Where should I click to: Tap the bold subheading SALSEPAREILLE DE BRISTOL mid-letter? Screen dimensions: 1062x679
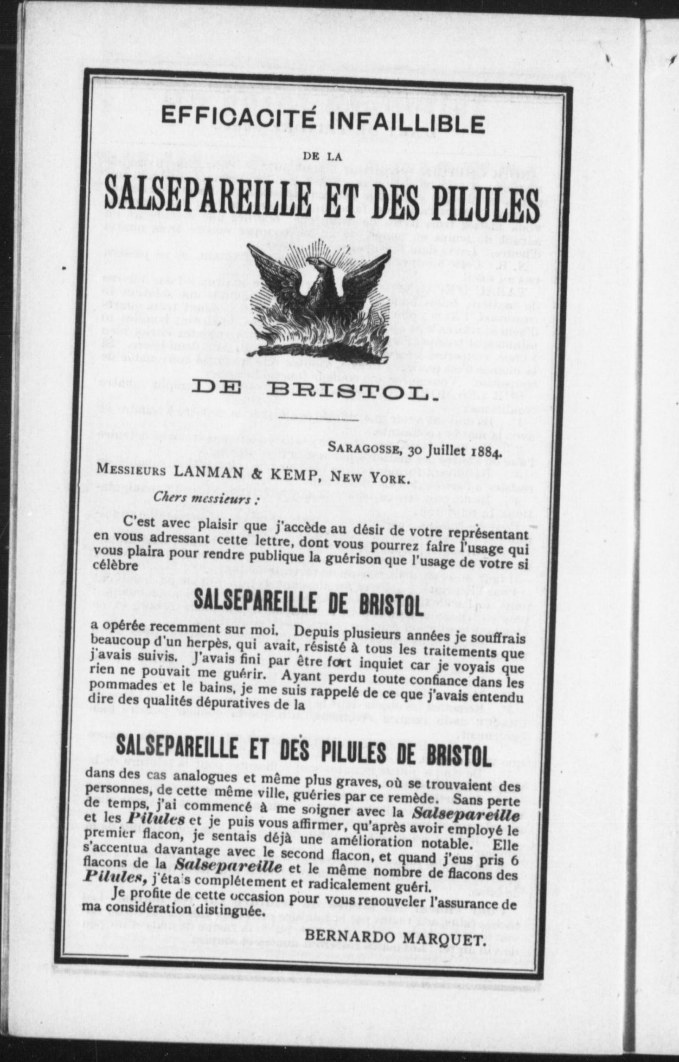(308, 605)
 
